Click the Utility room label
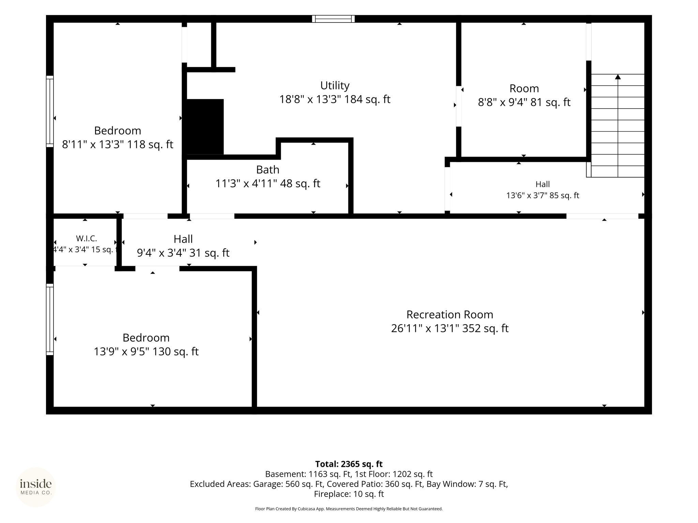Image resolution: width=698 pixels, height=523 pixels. (335, 85)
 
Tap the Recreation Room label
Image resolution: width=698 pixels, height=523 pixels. (450, 314)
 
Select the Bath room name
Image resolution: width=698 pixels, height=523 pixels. (268, 170)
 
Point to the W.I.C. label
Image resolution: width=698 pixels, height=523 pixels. (86, 239)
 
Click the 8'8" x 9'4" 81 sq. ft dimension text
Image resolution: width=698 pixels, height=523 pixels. (524, 102)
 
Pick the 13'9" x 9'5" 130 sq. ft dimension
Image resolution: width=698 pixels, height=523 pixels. (146, 351)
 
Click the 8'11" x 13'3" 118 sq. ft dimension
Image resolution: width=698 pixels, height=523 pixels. (118, 144)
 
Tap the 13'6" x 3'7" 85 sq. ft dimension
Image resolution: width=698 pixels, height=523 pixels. (543, 195)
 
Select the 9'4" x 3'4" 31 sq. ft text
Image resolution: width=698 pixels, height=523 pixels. (183, 253)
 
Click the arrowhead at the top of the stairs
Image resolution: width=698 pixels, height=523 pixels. (618, 77)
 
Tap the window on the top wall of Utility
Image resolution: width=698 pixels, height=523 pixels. (333, 19)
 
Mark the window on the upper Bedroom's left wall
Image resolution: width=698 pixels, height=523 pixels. (50, 111)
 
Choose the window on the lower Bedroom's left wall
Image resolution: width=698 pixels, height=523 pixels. (50, 319)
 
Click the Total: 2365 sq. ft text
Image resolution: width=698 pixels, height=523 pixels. (349, 464)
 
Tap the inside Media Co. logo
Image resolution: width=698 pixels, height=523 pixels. (36, 487)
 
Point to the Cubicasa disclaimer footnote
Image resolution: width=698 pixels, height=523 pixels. (349, 509)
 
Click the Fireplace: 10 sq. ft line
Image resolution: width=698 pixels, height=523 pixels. (349, 494)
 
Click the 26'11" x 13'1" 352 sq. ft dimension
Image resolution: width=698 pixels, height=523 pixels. (450, 328)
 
